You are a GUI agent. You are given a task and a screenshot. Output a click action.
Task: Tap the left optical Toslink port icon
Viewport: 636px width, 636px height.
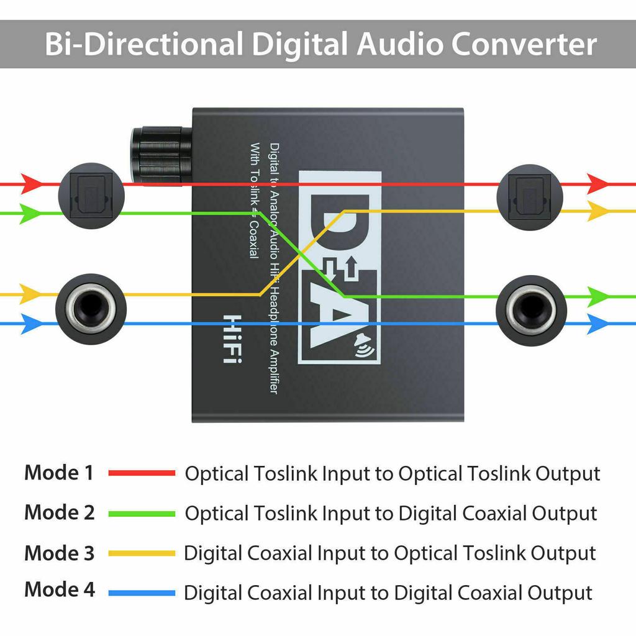tap(91, 196)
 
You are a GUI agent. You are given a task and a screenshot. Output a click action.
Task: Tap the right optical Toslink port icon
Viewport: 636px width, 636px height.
tap(530, 196)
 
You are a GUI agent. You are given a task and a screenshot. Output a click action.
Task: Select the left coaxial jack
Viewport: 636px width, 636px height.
tap(91, 308)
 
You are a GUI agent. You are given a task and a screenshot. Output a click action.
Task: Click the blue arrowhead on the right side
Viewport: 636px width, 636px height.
tap(597, 324)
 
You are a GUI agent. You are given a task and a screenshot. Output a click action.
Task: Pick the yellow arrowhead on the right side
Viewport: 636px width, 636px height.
tap(597, 211)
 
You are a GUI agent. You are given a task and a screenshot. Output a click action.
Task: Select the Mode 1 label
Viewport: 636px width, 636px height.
tap(59, 473)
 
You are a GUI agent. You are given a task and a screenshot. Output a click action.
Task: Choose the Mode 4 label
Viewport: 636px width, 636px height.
tap(60, 589)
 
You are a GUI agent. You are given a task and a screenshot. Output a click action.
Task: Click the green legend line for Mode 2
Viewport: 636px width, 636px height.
tap(142, 514)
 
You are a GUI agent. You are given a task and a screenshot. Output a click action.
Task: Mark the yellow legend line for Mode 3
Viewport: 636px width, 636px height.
tap(142, 553)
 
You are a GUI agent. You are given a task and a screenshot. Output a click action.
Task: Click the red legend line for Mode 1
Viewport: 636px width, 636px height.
tap(142, 473)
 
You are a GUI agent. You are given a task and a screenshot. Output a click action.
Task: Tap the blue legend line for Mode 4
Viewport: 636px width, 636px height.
tap(142, 593)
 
